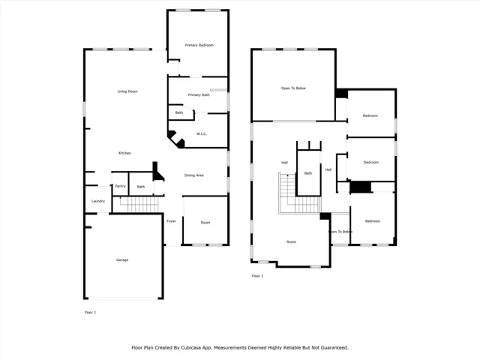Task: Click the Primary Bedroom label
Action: [x=199, y=46]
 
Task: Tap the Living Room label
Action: [x=127, y=91]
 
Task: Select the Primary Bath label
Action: [x=199, y=95]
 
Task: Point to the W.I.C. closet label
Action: [x=202, y=134]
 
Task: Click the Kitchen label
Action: [x=124, y=154]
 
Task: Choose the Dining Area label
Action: [x=194, y=175]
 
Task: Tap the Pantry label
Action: [x=120, y=186]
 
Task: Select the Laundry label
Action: [x=97, y=201]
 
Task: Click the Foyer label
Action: [x=171, y=222]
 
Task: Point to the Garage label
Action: [x=121, y=260]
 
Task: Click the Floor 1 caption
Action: [x=90, y=311]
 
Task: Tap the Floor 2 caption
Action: [x=257, y=276]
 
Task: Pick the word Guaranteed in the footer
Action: [x=331, y=348]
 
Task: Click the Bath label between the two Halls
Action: [x=308, y=174]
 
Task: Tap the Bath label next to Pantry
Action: [x=141, y=186]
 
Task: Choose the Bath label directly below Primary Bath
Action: [x=179, y=112]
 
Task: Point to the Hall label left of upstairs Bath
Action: [x=285, y=163]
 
